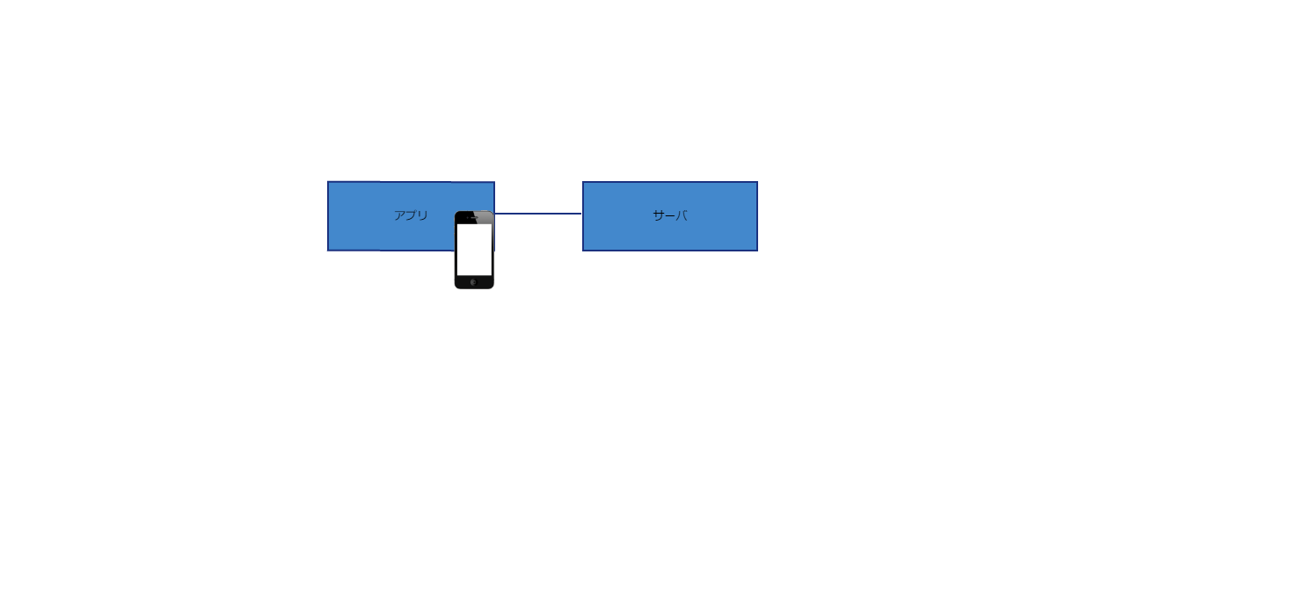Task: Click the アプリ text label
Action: pos(411,215)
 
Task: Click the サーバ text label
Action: pos(669,215)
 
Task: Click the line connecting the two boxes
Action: pos(538,214)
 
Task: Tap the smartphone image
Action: pos(474,250)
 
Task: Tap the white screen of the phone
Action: pos(474,249)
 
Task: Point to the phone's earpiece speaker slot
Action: pos(474,218)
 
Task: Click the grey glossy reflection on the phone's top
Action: pos(485,216)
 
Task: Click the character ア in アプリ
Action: pos(399,215)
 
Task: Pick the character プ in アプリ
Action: pos(411,215)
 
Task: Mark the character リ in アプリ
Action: pos(423,215)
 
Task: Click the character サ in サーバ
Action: pos(658,215)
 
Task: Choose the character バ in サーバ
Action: pos(681,215)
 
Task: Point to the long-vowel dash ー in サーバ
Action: pos(669,215)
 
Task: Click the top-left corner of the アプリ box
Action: pos(328,182)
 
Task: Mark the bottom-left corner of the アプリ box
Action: pos(328,251)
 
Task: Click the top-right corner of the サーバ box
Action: pos(757,182)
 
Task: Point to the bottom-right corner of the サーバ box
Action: pos(757,251)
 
